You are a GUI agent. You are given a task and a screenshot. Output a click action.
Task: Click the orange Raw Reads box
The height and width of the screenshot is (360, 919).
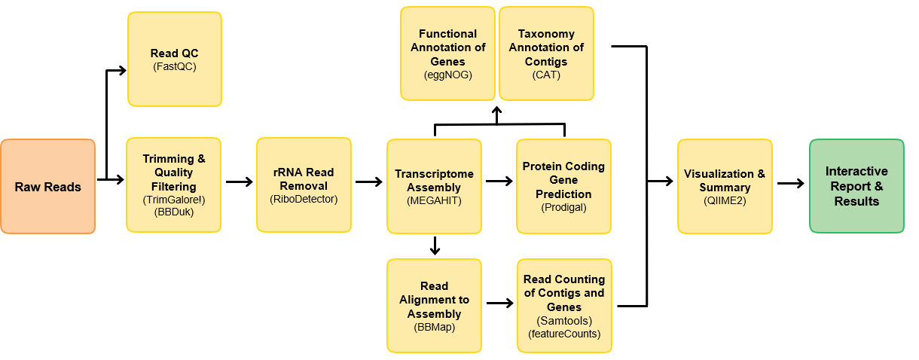47,187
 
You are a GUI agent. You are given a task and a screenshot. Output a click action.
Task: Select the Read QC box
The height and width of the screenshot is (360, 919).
175,59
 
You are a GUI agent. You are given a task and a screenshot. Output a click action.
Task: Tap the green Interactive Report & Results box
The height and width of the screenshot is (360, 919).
856,186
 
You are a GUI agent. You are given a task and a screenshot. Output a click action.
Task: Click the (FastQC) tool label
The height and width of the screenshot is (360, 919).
175,67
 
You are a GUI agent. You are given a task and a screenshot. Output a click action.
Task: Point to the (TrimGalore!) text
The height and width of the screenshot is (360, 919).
173,200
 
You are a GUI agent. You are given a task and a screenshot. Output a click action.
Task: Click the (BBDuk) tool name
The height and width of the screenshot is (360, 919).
173,213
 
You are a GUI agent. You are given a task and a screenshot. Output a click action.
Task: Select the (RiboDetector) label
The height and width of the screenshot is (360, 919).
304,200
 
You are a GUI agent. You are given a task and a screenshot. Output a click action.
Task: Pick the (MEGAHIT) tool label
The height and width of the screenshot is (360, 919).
434,201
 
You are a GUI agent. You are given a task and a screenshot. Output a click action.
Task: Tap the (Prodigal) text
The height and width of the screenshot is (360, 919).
563,207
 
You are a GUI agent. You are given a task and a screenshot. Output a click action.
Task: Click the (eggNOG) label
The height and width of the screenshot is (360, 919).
447,75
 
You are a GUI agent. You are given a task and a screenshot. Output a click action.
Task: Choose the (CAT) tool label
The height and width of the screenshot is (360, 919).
546,75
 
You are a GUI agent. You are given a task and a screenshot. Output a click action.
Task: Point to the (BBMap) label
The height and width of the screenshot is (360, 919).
434,327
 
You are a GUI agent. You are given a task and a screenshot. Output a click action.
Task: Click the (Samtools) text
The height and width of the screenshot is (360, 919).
563,320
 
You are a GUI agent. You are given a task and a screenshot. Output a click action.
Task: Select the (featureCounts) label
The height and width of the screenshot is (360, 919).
563,333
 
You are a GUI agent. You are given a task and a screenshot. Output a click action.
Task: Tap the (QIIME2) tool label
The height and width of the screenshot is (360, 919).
724,200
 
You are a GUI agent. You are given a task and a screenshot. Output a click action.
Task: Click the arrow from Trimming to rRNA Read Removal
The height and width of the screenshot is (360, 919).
240,182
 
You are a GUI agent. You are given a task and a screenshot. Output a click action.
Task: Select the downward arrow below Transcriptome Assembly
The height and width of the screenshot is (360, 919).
435,246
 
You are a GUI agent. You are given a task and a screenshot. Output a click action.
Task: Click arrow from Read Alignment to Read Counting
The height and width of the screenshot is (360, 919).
499,304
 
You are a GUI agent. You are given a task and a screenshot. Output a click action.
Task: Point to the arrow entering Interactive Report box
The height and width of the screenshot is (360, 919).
790,183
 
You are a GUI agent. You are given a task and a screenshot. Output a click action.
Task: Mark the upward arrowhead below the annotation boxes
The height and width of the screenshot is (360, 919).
497,113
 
